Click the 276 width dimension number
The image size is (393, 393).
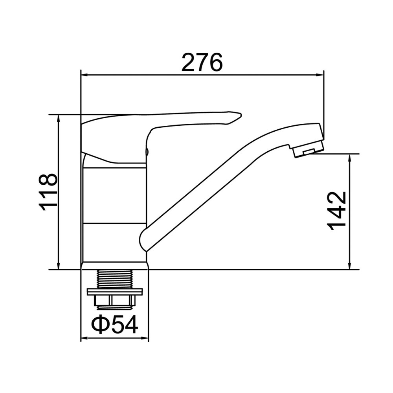coord(202,62)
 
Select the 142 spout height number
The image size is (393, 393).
coord(337,211)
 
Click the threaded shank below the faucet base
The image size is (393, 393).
coord(115,279)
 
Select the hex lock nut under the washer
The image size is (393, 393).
coord(115,301)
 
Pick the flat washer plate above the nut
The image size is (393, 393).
coord(115,292)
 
